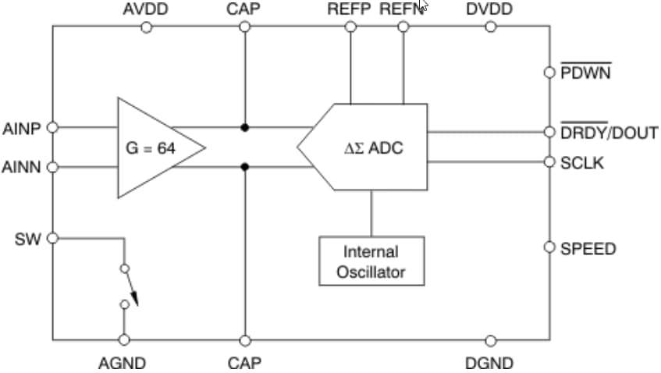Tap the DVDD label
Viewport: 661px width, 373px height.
pyautogui.click(x=490, y=9)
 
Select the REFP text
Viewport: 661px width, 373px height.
pyautogui.click(x=350, y=9)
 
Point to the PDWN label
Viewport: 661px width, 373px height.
pyautogui.click(x=586, y=73)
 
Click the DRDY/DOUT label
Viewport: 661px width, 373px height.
pyautogui.click(x=609, y=132)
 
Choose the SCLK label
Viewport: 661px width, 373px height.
pyautogui.click(x=581, y=162)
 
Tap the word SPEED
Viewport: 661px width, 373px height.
pyautogui.click(x=588, y=249)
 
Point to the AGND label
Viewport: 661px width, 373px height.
pyautogui.click(x=122, y=363)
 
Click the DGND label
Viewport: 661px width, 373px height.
pyautogui.click(x=489, y=363)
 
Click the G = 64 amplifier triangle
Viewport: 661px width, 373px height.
pyautogui.click(x=152, y=148)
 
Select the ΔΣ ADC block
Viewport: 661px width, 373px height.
pyautogui.click(x=371, y=147)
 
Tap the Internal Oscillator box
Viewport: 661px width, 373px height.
pyautogui.click(x=371, y=261)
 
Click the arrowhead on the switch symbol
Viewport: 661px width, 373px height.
pyautogui.click(x=134, y=297)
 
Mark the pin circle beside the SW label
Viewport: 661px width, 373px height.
pyautogui.click(x=53, y=238)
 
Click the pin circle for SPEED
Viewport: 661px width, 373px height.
pyautogui.click(x=549, y=247)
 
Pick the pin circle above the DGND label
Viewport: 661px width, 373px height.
pyautogui.click(x=490, y=340)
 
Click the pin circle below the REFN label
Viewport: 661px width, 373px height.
pyautogui.click(x=403, y=27)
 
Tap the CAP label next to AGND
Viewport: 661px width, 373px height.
pyautogui.click(x=244, y=363)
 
